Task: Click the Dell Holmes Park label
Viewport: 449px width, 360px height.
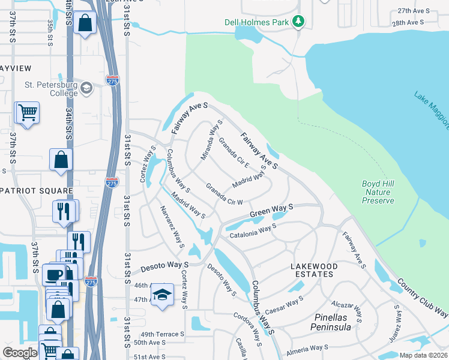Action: pyautogui.click(x=257, y=22)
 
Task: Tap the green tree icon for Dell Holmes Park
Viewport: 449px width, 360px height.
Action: pyautogui.click(x=298, y=22)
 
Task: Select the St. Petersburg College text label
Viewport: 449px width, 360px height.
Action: pyautogui.click(x=51, y=89)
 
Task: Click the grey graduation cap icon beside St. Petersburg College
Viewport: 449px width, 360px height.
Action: pyautogui.click(x=86, y=88)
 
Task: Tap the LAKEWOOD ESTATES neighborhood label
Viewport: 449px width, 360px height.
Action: pyautogui.click(x=322, y=270)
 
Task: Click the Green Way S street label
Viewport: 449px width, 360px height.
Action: pyautogui.click(x=271, y=210)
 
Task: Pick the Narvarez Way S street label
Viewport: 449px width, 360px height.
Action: pyautogui.click(x=172, y=227)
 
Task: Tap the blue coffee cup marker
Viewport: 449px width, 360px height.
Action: pyautogui.click(x=52, y=276)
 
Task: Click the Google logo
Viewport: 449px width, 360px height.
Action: pyautogui.click(x=20, y=353)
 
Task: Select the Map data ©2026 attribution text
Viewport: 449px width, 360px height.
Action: pyautogui.click(x=423, y=355)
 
